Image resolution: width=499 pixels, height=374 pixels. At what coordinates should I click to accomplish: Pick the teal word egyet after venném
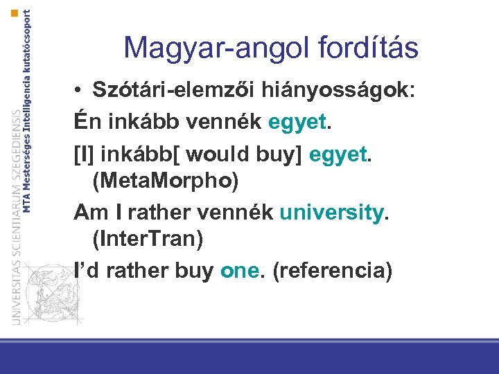pos(296,123)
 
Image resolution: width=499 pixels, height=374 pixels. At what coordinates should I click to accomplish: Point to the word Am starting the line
pos(88,211)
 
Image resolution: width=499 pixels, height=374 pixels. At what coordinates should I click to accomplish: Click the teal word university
pos(331,212)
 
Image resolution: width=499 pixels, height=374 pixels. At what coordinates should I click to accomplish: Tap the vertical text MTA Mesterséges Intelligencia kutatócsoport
pos(26,111)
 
